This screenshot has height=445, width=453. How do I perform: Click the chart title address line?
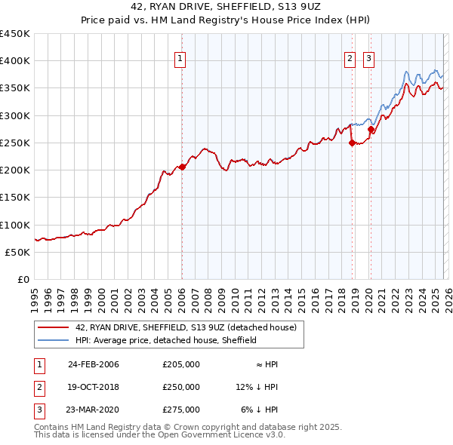(x=226, y=7)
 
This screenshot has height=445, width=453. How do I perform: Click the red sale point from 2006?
(x=182, y=167)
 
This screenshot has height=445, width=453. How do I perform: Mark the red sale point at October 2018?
(x=352, y=143)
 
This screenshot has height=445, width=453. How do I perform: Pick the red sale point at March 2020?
(x=371, y=129)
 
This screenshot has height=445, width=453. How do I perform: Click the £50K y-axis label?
(x=18, y=252)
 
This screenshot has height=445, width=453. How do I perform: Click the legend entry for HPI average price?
(x=166, y=340)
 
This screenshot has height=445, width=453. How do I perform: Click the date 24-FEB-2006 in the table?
(x=94, y=364)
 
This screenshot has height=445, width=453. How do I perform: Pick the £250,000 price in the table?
(x=181, y=387)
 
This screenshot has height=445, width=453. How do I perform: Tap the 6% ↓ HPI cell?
(x=259, y=410)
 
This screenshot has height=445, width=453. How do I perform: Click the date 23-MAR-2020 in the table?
(x=94, y=410)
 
